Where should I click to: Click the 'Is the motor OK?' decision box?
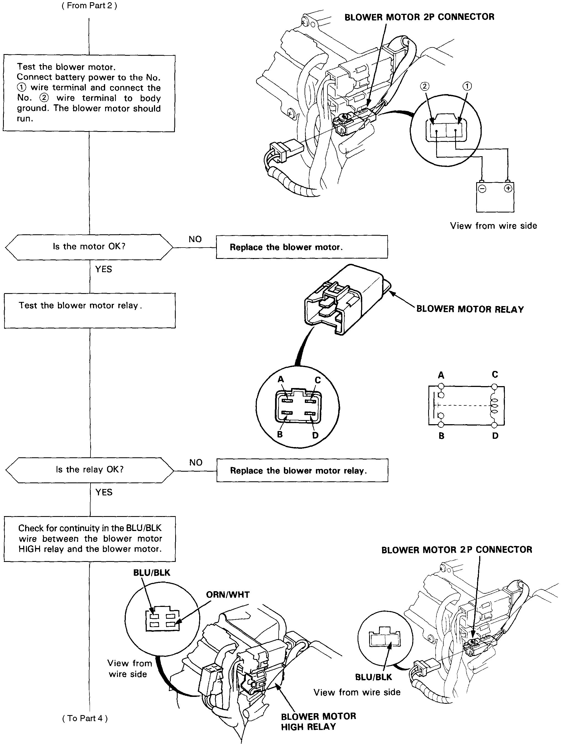(89, 247)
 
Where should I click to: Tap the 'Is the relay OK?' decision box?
(90, 470)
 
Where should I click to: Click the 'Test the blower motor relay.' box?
(90, 310)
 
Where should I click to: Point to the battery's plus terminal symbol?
(508, 188)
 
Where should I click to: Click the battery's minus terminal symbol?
(483, 189)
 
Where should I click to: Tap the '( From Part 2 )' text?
(89, 6)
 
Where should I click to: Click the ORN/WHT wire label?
(228, 594)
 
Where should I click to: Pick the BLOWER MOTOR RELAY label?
(470, 309)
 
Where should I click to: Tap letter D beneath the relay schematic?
(495, 436)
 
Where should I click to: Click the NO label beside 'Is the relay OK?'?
(196, 462)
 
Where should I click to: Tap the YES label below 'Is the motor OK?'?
(103, 269)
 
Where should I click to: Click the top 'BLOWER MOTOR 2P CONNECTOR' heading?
(419, 17)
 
